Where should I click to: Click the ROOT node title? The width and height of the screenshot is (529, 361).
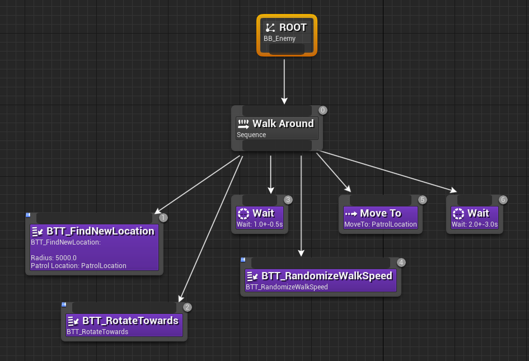(x=293, y=27)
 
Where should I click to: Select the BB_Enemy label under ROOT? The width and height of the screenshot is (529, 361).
(x=279, y=39)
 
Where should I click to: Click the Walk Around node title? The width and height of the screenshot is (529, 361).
(x=283, y=124)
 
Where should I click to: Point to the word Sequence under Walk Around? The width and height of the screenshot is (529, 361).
(x=251, y=135)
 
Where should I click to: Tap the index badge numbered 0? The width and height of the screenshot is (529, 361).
(x=322, y=110)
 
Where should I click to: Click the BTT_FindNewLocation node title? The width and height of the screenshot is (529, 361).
(x=100, y=231)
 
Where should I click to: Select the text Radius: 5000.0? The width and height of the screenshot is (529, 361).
(x=54, y=258)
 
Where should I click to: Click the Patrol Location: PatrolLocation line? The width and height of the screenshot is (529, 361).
(x=78, y=266)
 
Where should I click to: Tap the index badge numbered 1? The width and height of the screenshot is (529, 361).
(x=163, y=218)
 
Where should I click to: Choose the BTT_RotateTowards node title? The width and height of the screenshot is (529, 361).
(x=130, y=321)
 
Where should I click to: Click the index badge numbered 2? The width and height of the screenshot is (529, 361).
(x=188, y=307)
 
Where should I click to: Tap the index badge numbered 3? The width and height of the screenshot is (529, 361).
(x=288, y=200)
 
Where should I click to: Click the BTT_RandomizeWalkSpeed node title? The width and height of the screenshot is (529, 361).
(x=326, y=276)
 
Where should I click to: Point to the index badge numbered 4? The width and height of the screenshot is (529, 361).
(x=401, y=262)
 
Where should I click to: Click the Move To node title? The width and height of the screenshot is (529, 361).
(x=381, y=213)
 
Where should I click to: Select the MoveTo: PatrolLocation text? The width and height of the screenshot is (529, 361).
(x=381, y=224)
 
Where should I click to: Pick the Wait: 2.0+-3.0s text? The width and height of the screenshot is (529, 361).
(x=475, y=224)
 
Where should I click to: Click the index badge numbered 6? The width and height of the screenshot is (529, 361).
(x=503, y=200)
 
